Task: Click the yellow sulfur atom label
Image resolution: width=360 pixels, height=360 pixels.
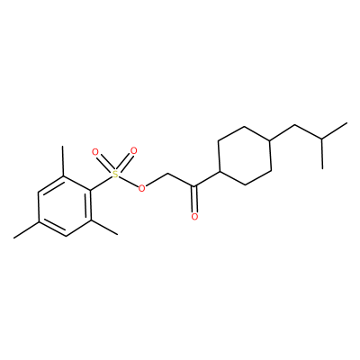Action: pyautogui.click(x=115, y=175)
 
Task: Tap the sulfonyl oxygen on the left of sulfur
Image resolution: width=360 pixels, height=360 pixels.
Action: pyautogui.click(x=95, y=152)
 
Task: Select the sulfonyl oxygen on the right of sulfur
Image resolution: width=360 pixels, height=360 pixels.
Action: pyautogui.click(x=133, y=150)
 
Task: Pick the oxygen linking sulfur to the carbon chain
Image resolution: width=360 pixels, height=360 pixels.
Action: pyautogui.click(x=141, y=188)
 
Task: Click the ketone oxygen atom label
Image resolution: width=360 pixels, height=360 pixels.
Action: pyautogui.click(x=194, y=216)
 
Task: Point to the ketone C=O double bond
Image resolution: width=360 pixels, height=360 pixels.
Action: pyautogui.click(x=194, y=199)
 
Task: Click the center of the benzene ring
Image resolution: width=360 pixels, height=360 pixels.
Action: pyautogui.click(x=64, y=206)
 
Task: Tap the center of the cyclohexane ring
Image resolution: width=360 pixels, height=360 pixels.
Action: pyautogui.click(x=245, y=156)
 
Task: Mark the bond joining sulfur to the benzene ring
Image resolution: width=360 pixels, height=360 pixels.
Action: pyautogui.click(x=101, y=183)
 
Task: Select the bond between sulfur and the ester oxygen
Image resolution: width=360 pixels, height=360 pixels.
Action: pyautogui.click(x=128, y=182)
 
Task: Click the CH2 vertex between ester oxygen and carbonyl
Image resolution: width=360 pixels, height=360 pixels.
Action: pyautogui.click(x=168, y=174)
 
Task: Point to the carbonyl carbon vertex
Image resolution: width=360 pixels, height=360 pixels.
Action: pyautogui.click(x=194, y=188)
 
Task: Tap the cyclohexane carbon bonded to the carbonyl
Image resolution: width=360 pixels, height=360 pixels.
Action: pyautogui.click(x=220, y=172)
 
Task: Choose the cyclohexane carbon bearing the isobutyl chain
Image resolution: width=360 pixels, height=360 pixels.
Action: pyautogui.click(x=270, y=139)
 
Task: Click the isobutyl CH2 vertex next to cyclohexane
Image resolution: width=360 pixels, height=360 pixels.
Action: pyautogui.click(x=295, y=124)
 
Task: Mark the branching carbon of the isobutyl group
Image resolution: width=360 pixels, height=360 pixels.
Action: pyautogui.click(x=322, y=139)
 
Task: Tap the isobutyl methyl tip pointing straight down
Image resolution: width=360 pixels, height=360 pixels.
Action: pyautogui.click(x=322, y=168)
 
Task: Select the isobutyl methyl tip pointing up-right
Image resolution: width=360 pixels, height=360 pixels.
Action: pyautogui.click(x=347, y=122)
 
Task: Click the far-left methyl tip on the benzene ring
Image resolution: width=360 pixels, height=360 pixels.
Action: pyautogui.click(x=13, y=238)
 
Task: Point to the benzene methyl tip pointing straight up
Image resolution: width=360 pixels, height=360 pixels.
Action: pyautogui.click(x=63, y=146)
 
